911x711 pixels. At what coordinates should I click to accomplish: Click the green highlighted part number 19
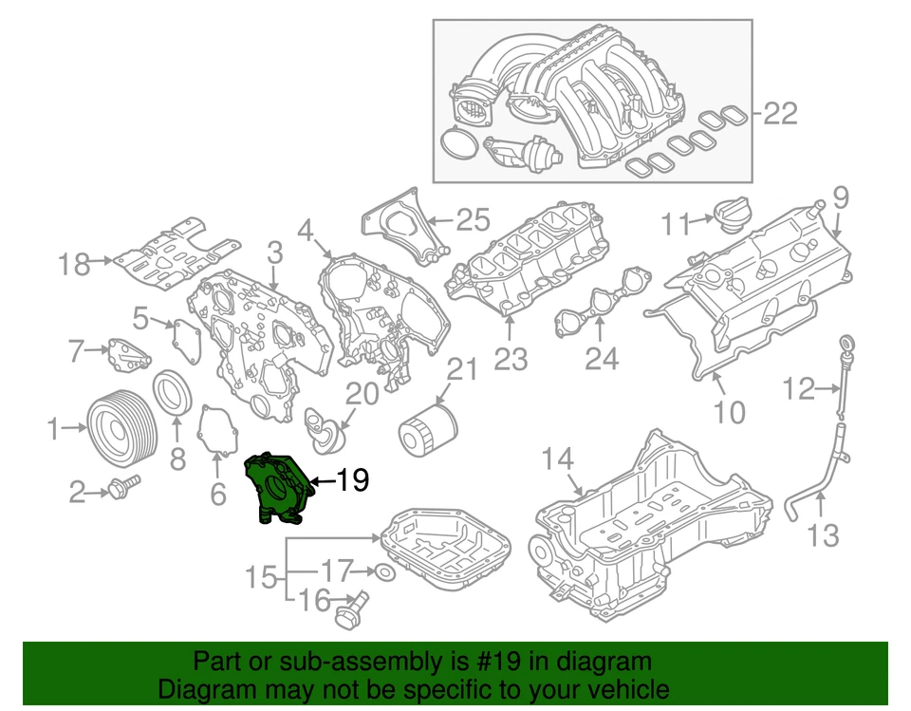[277, 485]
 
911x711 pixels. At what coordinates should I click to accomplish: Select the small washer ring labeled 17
[382, 571]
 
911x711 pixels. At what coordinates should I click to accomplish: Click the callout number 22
[781, 114]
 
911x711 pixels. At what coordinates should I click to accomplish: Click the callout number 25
[472, 220]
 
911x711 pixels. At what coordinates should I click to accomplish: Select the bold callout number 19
[352, 481]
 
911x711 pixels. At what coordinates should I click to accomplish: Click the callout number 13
[823, 536]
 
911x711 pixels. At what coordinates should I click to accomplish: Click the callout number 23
[511, 358]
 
